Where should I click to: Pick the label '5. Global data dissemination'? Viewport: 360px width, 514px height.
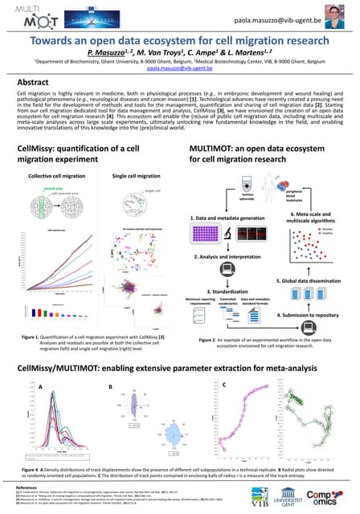coord(316,282)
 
